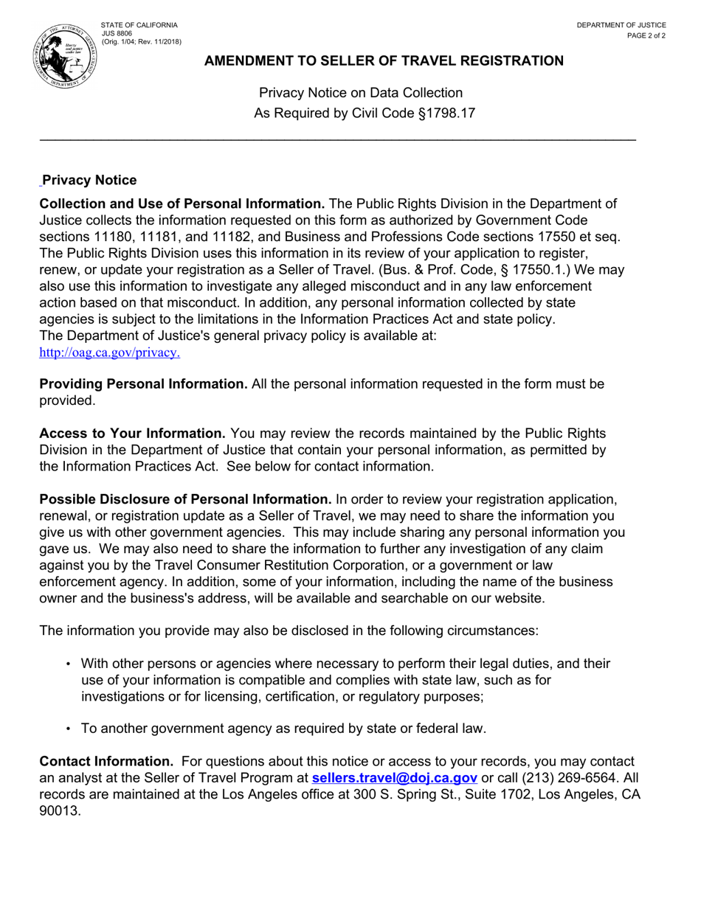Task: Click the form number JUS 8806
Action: pyautogui.click(x=117, y=34)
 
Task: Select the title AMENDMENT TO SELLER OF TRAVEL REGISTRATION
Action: pyautogui.click(x=384, y=61)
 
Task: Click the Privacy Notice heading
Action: pyautogui.click(x=89, y=181)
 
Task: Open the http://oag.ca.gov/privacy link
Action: pyautogui.click(x=109, y=352)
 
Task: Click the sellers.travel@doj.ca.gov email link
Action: pyautogui.click(x=395, y=778)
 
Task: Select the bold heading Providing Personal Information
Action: pyautogui.click(x=143, y=384)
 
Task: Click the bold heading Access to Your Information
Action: pyautogui.click(x=132, y=434)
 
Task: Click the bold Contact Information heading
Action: pyautogui.click(x=106, y=762)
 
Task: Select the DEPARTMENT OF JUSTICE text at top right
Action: pyautogui.click(x=621, y=25)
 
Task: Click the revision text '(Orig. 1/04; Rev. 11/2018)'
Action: pyautogui.click(x=141, y=42)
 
